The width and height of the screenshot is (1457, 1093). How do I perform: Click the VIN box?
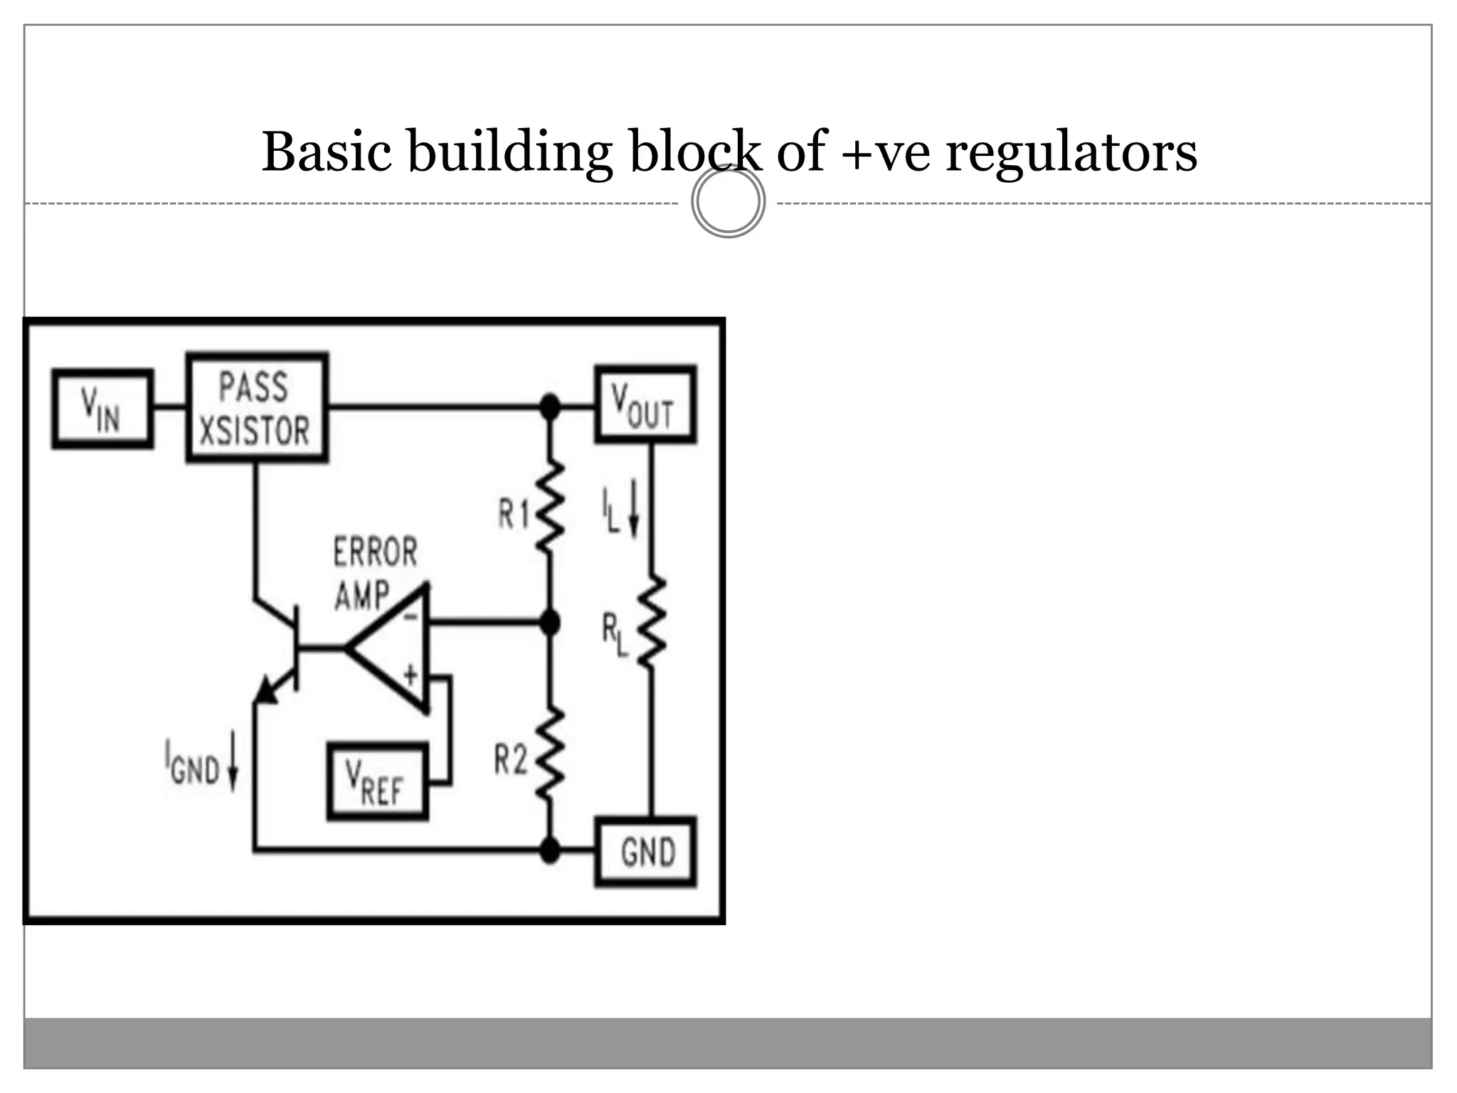(102, 408)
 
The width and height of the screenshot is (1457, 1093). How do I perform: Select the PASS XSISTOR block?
(256, 408)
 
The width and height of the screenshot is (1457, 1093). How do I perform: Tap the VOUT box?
(645, 404)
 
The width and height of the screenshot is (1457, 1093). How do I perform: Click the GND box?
(645, 851)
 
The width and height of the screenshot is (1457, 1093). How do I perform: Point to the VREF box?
(377, 781)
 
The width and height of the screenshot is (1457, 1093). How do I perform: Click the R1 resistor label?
(514, 513)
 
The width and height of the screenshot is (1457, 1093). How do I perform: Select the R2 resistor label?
(511, 759)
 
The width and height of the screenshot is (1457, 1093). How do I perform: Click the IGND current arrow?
(233, 770)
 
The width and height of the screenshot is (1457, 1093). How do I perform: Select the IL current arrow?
(634, 513)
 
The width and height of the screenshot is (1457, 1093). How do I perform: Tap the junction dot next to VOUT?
(549, 407)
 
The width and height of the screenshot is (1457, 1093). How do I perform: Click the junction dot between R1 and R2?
(549, 623)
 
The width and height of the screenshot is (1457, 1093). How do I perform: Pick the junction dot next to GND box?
(549, 850)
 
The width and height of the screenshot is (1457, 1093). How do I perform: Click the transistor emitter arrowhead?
(265, 690)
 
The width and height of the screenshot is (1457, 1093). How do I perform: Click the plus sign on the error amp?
(410, 673)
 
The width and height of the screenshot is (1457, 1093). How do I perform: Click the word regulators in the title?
(1071, 152)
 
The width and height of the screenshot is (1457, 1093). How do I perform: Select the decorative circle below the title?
(728, 201)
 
